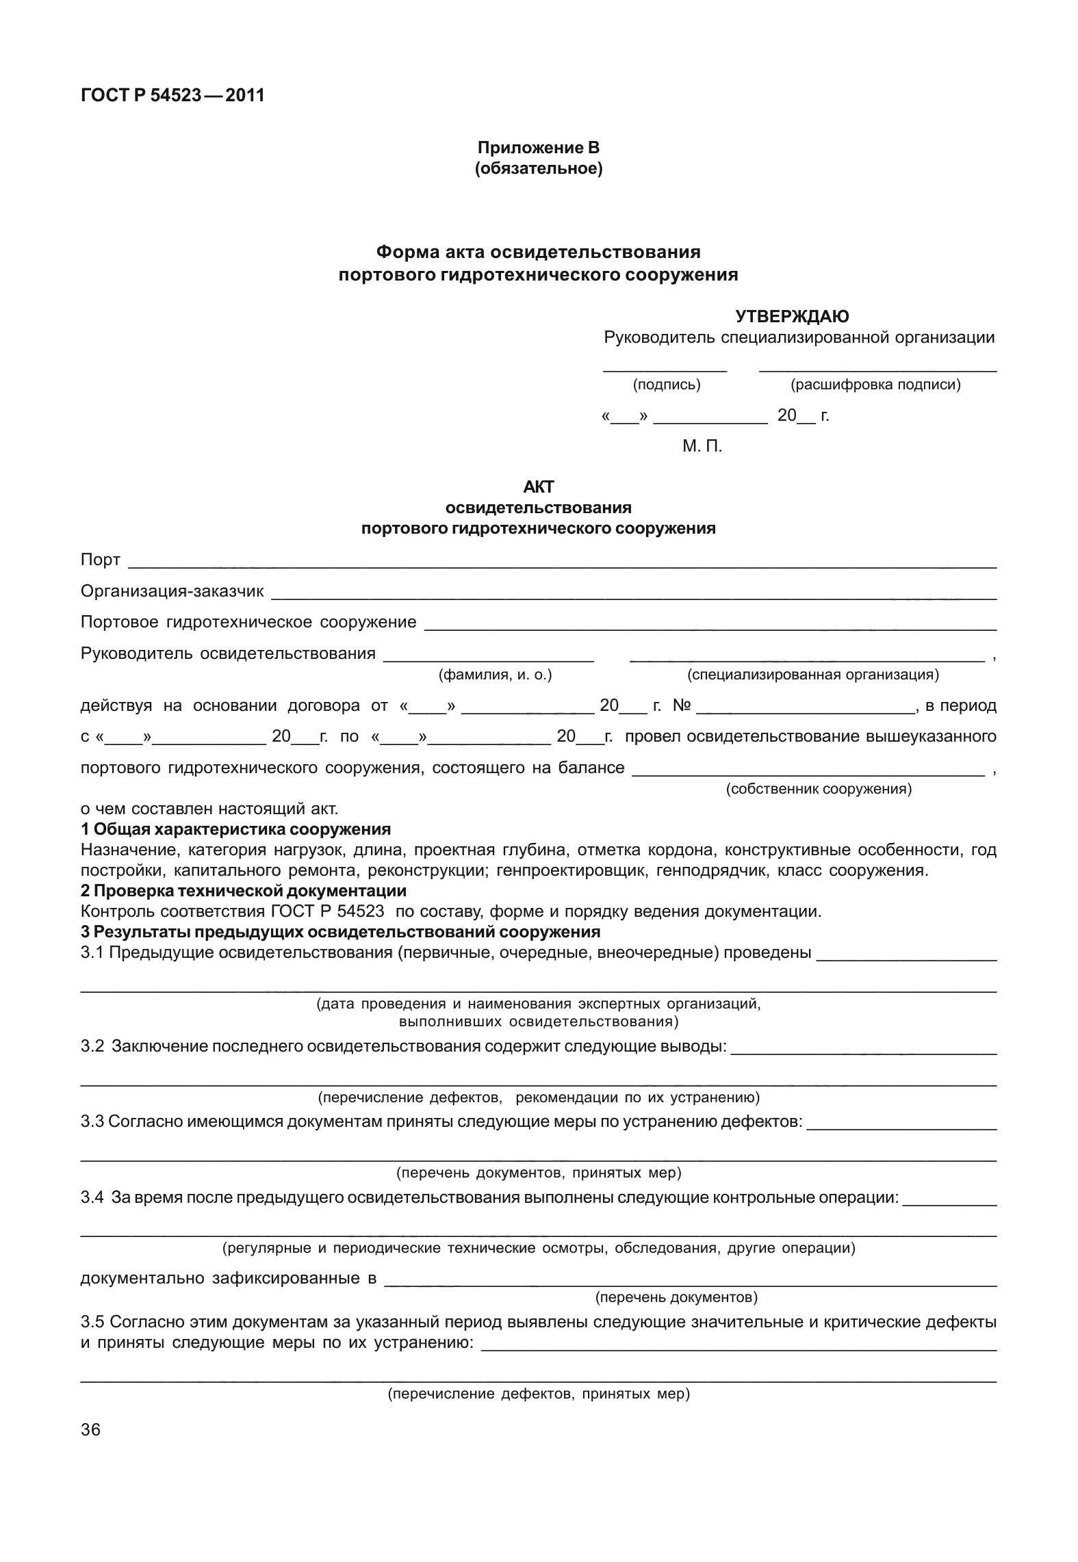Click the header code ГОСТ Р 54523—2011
(x=172, y=95)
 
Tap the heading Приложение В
(x=538, y=147)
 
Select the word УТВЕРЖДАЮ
(x=792, y=316)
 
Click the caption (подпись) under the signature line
(x=667, y=385)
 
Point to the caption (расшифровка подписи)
(x=875, y=385)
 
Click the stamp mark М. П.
(x=702, y=447)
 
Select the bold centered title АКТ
(x=538, y=487)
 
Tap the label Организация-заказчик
(x=172, y=591)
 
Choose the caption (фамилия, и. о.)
(x=495, y=675)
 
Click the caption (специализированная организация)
(x=812, y=675)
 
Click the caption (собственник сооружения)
(x=818, y=789)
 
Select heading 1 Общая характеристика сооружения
(x=235, y=829)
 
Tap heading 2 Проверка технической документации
(x=243, y=891)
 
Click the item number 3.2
(x=92, y=1046)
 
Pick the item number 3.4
(x=92, y=1198)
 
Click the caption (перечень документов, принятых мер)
(x=539, y=1173)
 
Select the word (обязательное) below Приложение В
(x=538, y=168)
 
